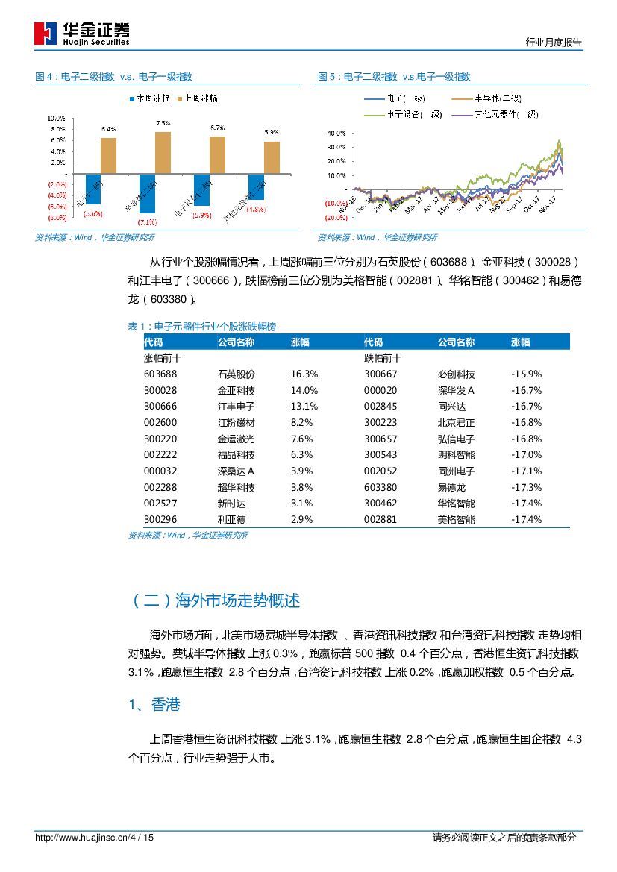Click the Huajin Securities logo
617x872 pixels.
(x=82, y=33)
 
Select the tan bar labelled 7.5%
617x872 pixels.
(x=163, y=152)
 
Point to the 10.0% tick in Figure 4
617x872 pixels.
(x=57, y=119)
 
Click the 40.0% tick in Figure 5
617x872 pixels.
(x=336, y=134)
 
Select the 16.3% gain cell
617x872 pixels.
(x=304, y=374)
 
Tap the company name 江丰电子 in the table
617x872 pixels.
(x=236, y=406)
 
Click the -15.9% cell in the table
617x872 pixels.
(x=526, y=374)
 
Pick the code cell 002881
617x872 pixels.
(x=380, y=519)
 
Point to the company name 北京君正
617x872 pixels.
(x=456, y=422)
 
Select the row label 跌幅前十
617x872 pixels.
(x=382, y=357)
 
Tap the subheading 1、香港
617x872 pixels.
(x=154, y=704)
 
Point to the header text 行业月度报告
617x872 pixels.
(x=553, y=43)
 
